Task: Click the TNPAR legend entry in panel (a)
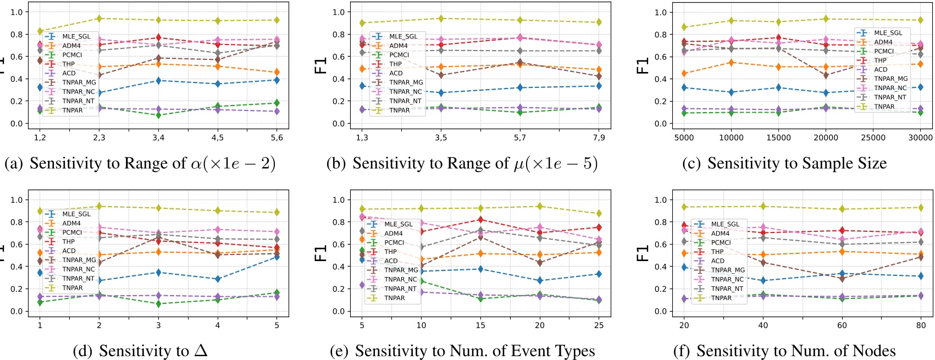tap(72, 110)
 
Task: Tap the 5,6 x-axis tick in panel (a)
tap(276, 137)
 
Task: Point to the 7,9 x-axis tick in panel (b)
tap(599, 137)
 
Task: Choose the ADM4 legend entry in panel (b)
tap(399, 46)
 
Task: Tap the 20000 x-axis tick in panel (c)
tap(826, 137)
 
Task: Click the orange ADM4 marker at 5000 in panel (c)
tap(684, 74)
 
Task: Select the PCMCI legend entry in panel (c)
tap(884, 51)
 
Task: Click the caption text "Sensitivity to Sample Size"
tap(796, 163)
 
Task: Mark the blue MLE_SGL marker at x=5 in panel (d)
tap(276, 257)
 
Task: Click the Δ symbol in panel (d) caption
tap(201, 350)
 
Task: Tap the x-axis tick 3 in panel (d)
tap(158, 325)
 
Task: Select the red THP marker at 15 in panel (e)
tap(480, 220)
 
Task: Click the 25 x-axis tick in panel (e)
tap(599, 325)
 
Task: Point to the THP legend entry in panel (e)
tap(390, 252)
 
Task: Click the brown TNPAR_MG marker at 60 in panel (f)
tap(842, 279)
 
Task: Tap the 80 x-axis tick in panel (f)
tap(921, 325)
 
